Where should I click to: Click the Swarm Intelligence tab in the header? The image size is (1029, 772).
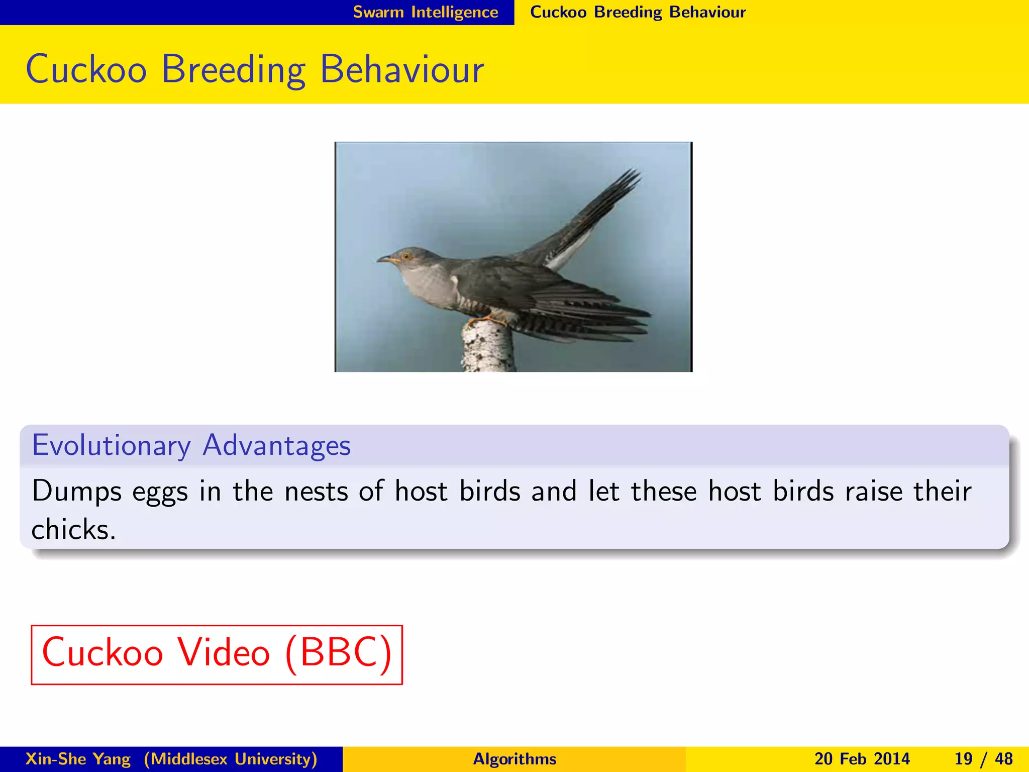pos(425,12)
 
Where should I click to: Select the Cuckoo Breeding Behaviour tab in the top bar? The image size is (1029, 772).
pos(638,12)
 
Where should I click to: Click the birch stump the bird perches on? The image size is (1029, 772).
pos(487,347)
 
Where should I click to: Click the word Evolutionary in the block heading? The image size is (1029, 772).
pos(111,445)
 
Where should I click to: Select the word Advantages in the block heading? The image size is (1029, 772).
pos(276,445)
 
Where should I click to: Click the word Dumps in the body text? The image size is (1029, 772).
pos(76,492)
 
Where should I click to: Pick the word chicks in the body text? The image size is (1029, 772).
pos(73,530)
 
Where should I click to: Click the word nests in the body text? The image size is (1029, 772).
pos(316,492)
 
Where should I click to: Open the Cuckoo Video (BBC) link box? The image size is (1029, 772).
pos(217,654)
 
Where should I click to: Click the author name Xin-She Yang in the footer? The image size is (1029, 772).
pos(78,759)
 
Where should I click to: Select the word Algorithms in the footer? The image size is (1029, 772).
pos(514,759)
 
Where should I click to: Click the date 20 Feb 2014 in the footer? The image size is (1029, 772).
pos(862,759)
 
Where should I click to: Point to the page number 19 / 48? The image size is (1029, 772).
pos(983,759)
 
